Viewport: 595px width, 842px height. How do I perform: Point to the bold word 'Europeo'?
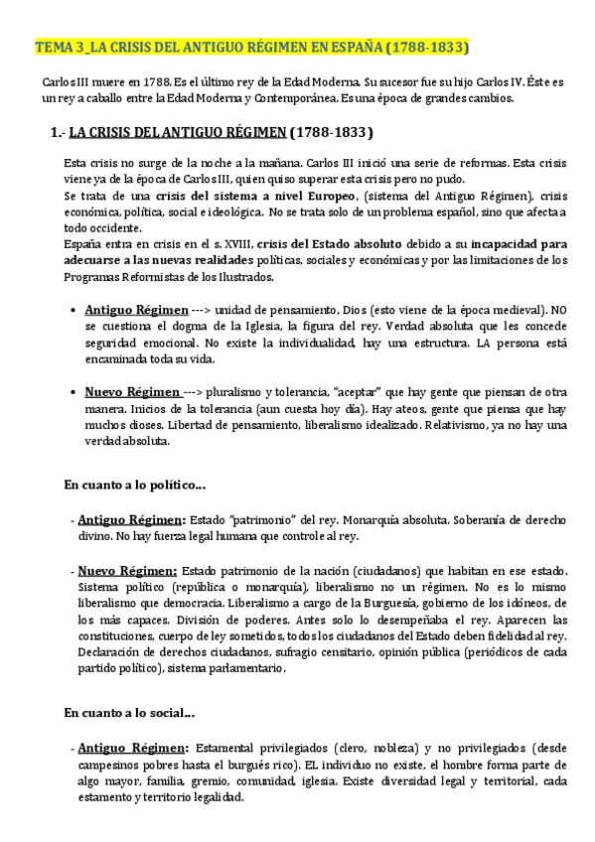click(319, 195)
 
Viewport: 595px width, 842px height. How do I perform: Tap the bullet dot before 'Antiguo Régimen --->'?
click(75, 310)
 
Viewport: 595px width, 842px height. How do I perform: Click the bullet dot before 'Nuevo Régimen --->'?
click(75, 392)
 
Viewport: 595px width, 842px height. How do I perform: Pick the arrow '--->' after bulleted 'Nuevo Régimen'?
click(196, 392)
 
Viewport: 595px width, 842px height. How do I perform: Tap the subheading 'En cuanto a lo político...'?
click(134, 486)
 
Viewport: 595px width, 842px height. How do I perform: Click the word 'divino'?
click(96, 535)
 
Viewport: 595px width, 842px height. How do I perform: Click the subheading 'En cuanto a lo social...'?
click(129, 712)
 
